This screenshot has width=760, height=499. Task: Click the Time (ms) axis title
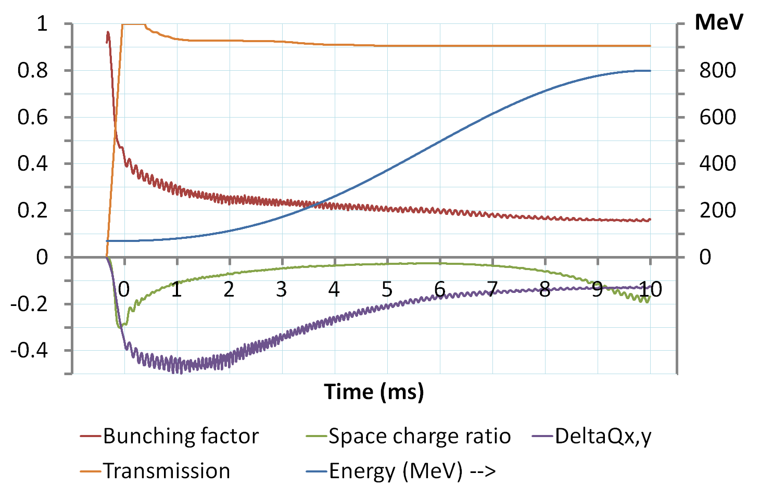tap(374, 391)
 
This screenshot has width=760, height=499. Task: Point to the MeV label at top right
tap(719, 22)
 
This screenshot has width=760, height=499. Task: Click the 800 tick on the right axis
tap(717, 70)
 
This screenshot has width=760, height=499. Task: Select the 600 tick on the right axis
tap(717, 117)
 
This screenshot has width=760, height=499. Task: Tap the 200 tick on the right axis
tap(717, 210)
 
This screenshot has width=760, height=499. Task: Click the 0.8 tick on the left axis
tap(32, 70)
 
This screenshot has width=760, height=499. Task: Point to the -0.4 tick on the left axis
tap(29, 350)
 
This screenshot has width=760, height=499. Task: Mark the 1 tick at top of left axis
tap(42, 23)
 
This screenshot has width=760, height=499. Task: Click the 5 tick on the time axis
tap(387, 289)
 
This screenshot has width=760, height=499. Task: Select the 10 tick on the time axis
tap(650, 289)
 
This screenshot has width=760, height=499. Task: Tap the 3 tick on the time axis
tap(282, 289)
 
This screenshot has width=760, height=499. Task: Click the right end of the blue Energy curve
tap(650, 71)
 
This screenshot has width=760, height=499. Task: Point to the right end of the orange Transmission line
tap(650, 46)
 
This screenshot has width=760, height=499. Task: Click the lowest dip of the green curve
tap(120, 327)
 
